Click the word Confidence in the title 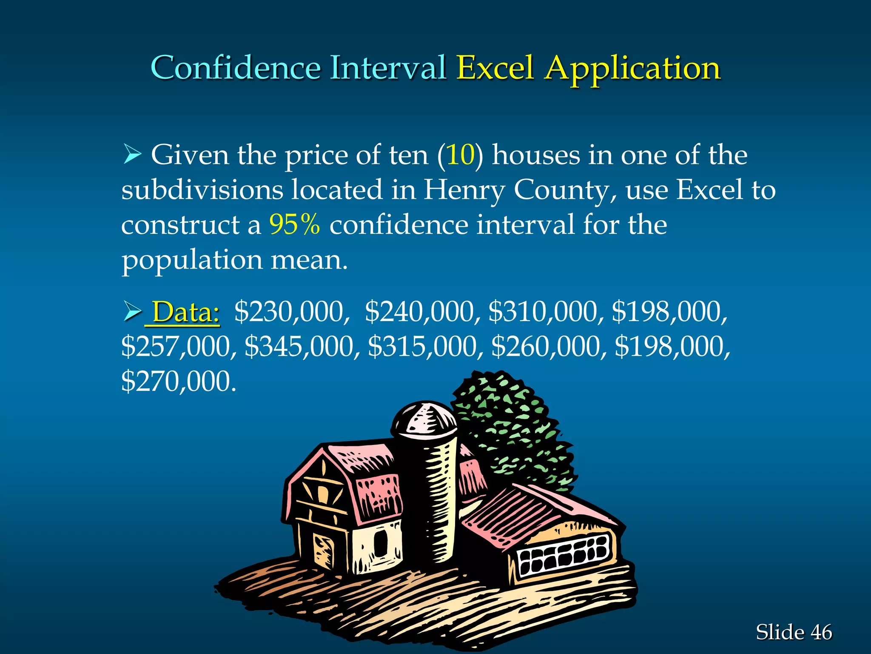(x=236, y=68)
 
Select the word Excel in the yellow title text (x=495, y=68)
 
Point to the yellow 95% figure (x=294, y=224)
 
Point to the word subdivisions (x=202, y=190)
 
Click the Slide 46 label (x=794, y=632)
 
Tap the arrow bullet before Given (x=132, y=154)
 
